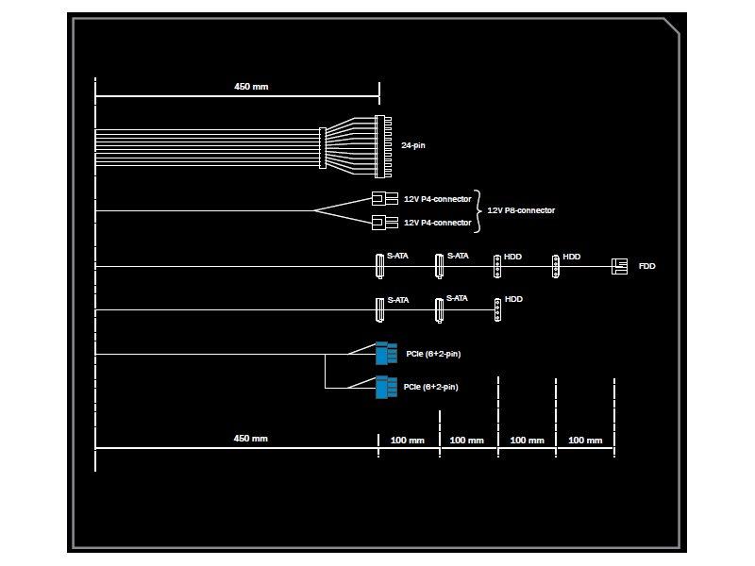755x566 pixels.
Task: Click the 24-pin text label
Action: [413, 146]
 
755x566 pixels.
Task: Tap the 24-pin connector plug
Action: [382, 146]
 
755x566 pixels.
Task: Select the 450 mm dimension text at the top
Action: [251, 87]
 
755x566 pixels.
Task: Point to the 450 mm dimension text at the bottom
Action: [251, 439]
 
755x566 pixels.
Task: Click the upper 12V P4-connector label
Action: [437, 199]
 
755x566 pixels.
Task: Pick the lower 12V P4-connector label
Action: [437, 223]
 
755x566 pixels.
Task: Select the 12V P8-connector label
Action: [521, 210]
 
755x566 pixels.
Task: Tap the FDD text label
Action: [646, 267]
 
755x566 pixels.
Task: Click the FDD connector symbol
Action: [619, 267]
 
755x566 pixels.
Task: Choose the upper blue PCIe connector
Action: [381, 353]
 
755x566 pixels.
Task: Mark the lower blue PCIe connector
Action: [381, 388]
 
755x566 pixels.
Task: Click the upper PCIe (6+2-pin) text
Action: [433, 354]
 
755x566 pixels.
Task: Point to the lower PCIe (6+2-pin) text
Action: [430, 388]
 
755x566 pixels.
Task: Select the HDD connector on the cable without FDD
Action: [496, 308]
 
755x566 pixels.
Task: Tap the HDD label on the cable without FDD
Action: [513, 299]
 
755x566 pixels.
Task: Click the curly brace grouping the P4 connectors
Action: [479, 210]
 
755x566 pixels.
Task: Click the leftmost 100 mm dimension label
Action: [407, 441]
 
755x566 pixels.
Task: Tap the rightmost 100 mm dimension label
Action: [586, 441]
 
